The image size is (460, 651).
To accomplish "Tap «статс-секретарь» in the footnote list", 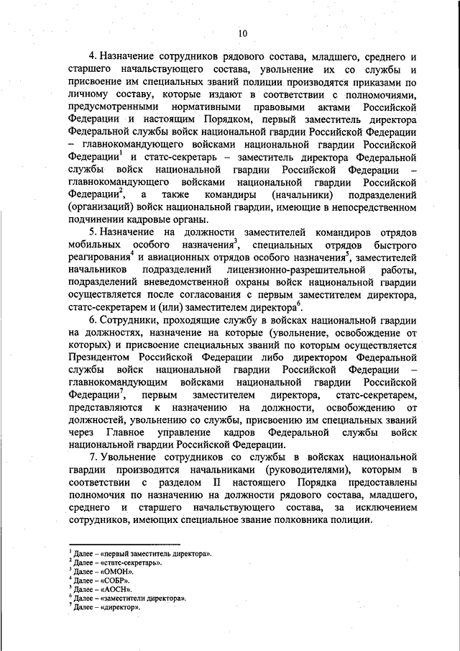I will pyautogui.click(x=131, y=561).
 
